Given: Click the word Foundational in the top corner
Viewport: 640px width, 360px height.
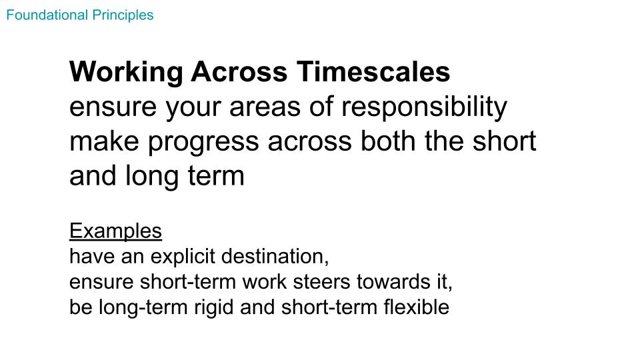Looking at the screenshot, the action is (47, 15).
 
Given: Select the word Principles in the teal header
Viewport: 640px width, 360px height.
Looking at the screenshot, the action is (123, 16).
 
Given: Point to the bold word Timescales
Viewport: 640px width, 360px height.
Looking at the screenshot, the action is (373, 72).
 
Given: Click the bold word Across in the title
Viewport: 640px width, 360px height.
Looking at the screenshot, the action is (239, 72).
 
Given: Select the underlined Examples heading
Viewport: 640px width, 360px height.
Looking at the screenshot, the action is (115, 231).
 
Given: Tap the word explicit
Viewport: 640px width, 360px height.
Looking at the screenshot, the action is (183, 257).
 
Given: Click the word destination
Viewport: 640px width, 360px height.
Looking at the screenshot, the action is (275, 257).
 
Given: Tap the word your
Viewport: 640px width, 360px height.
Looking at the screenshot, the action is (193, 109).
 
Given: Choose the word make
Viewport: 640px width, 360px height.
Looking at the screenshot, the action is (104, 141).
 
